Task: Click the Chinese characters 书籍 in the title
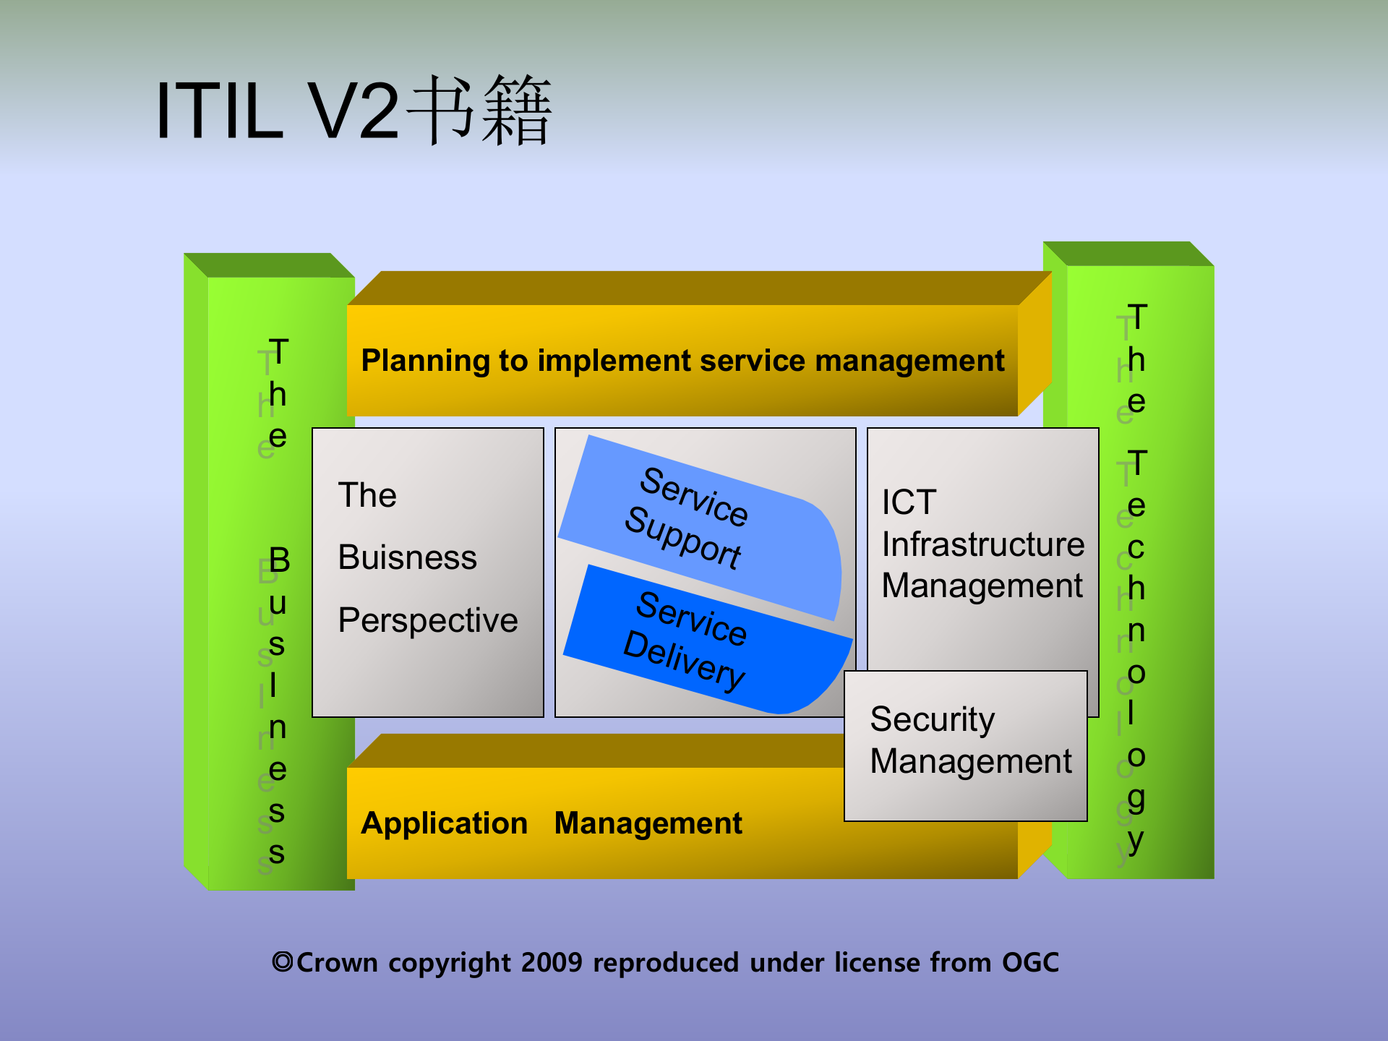(479, 111)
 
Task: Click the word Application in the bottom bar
(444, 823)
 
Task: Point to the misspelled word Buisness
(407, 557)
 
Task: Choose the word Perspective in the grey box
(428, 620)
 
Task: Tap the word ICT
(909, 502)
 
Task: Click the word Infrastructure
(982, 544)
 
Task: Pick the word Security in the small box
(932, 719)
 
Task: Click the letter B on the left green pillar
(279, 560)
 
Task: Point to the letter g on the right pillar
(1136, 800)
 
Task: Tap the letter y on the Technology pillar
(1135, 840)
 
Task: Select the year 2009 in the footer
(551, 962)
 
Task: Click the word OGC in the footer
(1030, 962)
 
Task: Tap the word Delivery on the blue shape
(683, 660)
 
